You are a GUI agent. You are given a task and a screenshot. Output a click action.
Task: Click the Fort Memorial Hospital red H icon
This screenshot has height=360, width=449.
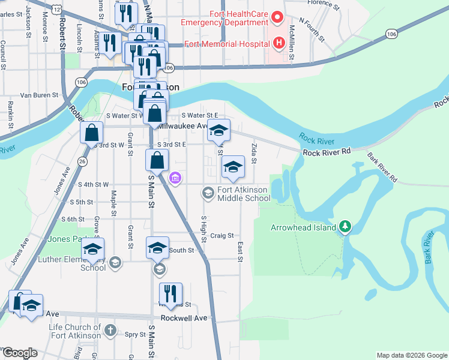tap(279, 43)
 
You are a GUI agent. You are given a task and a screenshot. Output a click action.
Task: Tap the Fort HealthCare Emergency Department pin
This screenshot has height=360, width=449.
tap(277, 17)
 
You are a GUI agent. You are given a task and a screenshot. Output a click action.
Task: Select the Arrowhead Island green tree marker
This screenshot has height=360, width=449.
tap(345, 227)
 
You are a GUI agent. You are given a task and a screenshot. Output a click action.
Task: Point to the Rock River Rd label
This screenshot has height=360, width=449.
tap(326, 153)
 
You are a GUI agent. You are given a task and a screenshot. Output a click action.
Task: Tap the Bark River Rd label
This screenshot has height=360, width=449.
tap(383, 170)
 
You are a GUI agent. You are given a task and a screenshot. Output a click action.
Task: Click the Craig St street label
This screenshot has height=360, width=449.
tap(221, 236)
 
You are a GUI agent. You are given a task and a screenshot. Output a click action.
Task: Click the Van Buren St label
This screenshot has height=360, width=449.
tap(39, 95)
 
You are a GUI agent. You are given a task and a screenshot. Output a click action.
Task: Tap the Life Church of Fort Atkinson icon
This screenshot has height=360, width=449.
tap(109, 329)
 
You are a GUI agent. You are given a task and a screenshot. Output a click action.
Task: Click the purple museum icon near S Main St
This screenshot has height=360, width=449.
tap(175, 178)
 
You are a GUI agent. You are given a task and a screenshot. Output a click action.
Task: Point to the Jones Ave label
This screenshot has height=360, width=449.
tap(59, 180)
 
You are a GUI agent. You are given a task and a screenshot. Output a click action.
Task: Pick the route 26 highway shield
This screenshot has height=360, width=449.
tap(82, 161)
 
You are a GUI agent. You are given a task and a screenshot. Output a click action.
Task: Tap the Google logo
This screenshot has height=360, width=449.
tap(20, 353)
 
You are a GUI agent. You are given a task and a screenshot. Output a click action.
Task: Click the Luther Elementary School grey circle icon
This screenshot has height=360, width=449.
tap(115, 262)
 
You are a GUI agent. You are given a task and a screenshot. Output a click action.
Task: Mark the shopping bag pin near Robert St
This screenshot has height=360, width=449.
tap(92, 133)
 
